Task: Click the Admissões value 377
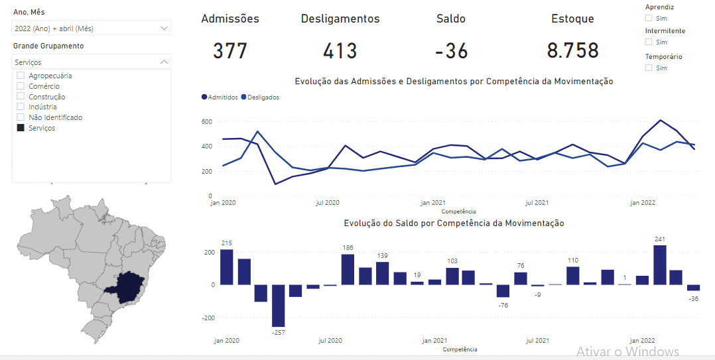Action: (x=230, y=51)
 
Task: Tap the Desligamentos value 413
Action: (x=340, y=51)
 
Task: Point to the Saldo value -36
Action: (x=451, y=51)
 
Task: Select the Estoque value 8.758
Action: (x=572, y=51)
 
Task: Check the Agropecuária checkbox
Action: (x=21, y=76)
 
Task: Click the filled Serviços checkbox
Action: (x=21, y=128)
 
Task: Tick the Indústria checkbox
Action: (x=21, y=107)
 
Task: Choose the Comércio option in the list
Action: (x=44, y=86)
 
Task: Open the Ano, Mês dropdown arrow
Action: (x=164, y=29)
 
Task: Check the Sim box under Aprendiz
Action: (x=649, y=19)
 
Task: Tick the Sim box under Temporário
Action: (x=649, y=68)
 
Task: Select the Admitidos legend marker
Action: (x=204, y=97)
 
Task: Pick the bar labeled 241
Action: (x=659, y=265)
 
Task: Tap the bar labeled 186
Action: (x=348, y=269)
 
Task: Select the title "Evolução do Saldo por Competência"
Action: (x=454, y=223)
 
